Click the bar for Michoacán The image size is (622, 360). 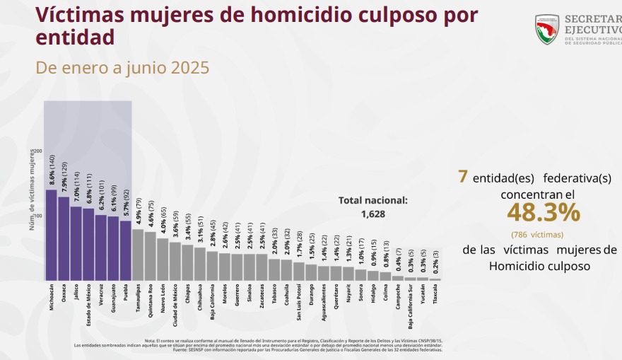click(52, 235)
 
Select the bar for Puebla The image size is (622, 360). click(125, 250)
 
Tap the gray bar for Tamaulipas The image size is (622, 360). click(138, 255)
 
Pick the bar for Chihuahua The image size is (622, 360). click(200, 264)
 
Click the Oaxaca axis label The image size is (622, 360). click(64, 294)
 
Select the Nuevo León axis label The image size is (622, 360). click(163, 298)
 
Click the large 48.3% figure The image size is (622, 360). click(543, 212)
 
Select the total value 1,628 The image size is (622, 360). click(372, 214)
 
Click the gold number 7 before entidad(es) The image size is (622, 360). click(462, 177)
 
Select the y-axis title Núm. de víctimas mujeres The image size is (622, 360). click(32, 190)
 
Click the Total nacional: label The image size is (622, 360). click(372, 200)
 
